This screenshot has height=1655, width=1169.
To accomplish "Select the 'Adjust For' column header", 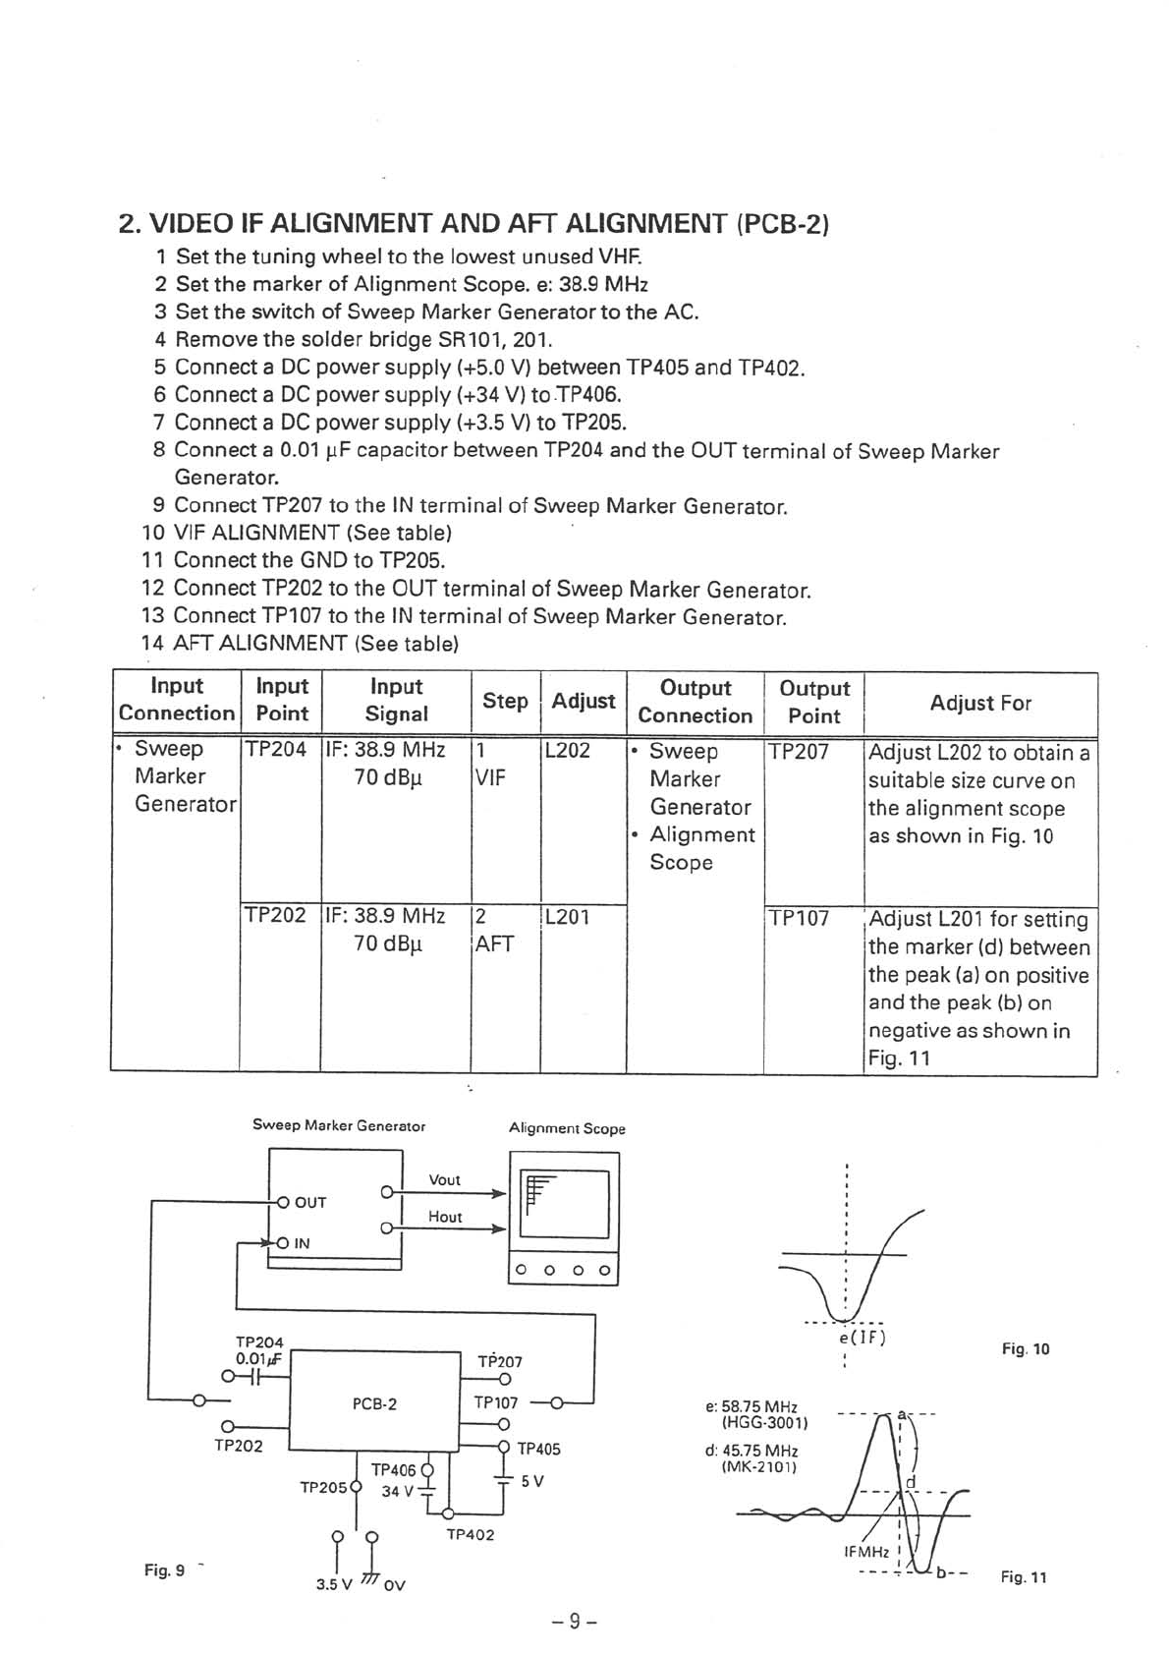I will pos(980,703).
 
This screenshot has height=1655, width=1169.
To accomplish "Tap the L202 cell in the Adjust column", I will pos(567,751).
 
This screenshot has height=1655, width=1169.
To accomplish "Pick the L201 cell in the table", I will pos(567,917).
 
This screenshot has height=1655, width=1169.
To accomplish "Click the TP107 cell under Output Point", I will pos(799,919).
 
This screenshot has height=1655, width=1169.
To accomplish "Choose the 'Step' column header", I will pos(505,701).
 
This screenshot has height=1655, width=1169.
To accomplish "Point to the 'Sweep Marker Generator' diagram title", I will pos(339,1125).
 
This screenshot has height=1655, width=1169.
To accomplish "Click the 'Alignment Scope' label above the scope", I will pos(567,1128).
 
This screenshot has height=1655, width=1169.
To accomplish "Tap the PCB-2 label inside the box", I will pos(374,1403).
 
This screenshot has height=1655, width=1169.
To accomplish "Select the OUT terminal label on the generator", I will pos(310,1202).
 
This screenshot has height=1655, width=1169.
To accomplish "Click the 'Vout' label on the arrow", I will pos(444,1179).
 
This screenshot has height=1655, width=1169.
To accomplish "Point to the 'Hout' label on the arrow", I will pos(444,1217).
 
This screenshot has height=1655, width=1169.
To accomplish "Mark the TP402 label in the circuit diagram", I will pos(471,1534).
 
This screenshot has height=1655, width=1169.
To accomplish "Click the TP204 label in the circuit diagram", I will pos(259,1341).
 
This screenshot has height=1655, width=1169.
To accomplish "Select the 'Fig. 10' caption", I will pos(1026,1349).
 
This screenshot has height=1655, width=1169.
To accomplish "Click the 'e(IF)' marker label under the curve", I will pos(862,1337).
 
